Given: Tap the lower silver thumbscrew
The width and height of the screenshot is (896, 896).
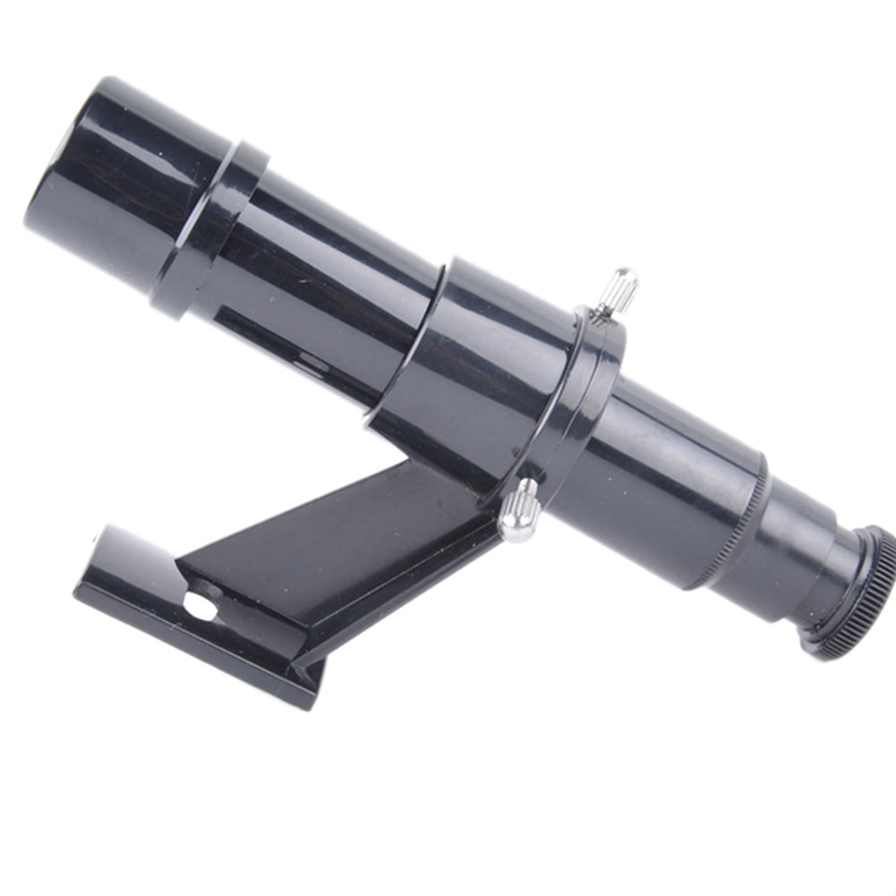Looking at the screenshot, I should coord(518,509).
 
